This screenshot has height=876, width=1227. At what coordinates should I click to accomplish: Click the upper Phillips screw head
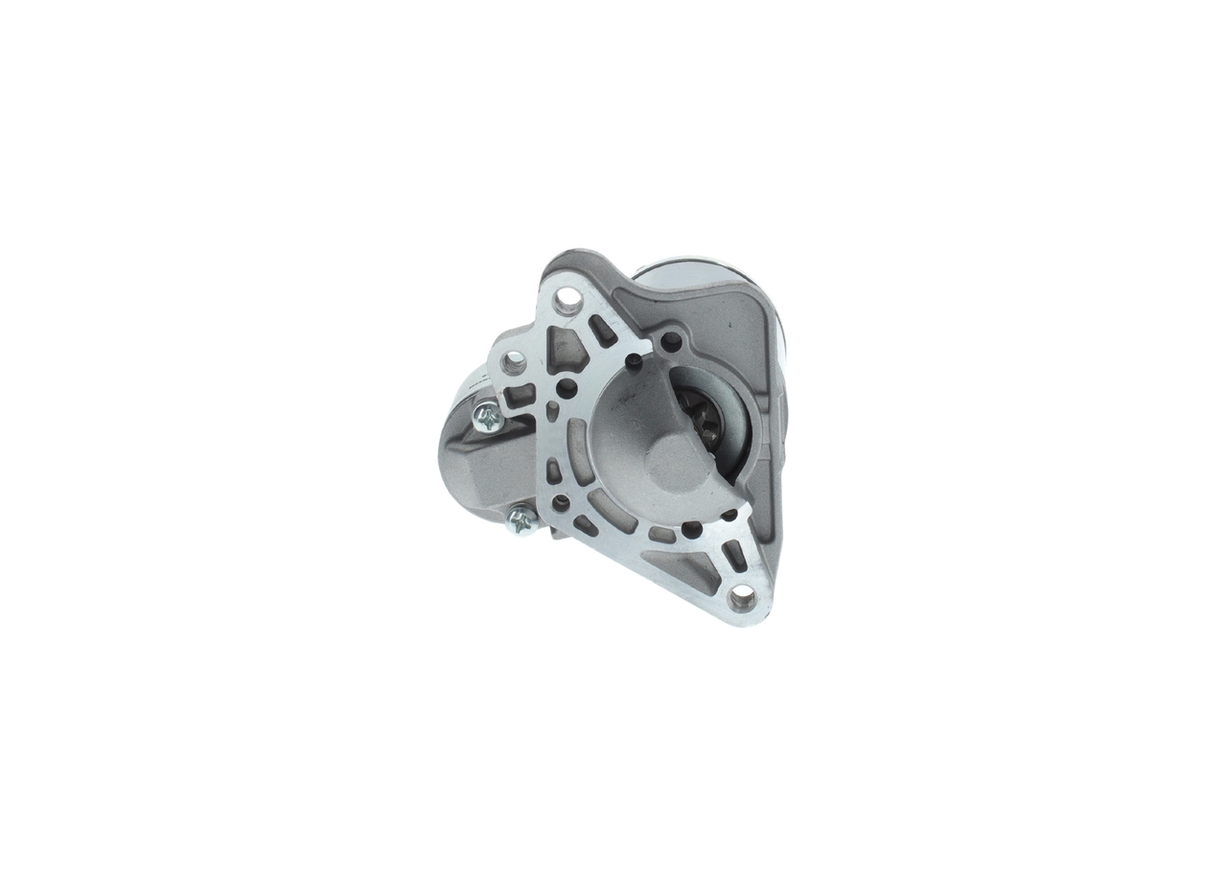coord(488,418)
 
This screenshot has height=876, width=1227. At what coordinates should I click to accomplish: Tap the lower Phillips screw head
coord(521,520)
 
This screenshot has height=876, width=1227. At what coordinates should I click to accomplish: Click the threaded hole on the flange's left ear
coord(515,361)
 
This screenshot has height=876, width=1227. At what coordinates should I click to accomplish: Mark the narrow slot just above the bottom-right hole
coord(733,554)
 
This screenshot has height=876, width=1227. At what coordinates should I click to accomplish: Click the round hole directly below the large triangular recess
coord(567,388)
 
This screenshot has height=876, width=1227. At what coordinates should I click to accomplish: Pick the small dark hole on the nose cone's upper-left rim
coord(634,361)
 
